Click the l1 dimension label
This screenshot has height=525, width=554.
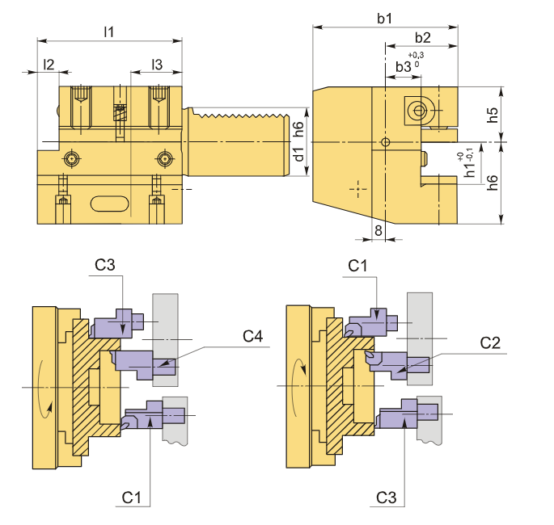click(109, 32)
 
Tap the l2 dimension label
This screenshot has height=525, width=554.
click(49, 65)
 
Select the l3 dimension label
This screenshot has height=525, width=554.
click(157, 65)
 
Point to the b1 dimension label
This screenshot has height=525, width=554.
click(385, 19)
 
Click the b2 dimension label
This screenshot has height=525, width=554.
click(422, 37)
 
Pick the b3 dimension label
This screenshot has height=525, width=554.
click(403, 66)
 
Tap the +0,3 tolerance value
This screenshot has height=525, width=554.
click(416, 55)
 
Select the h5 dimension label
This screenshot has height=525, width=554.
click(493, 115)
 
